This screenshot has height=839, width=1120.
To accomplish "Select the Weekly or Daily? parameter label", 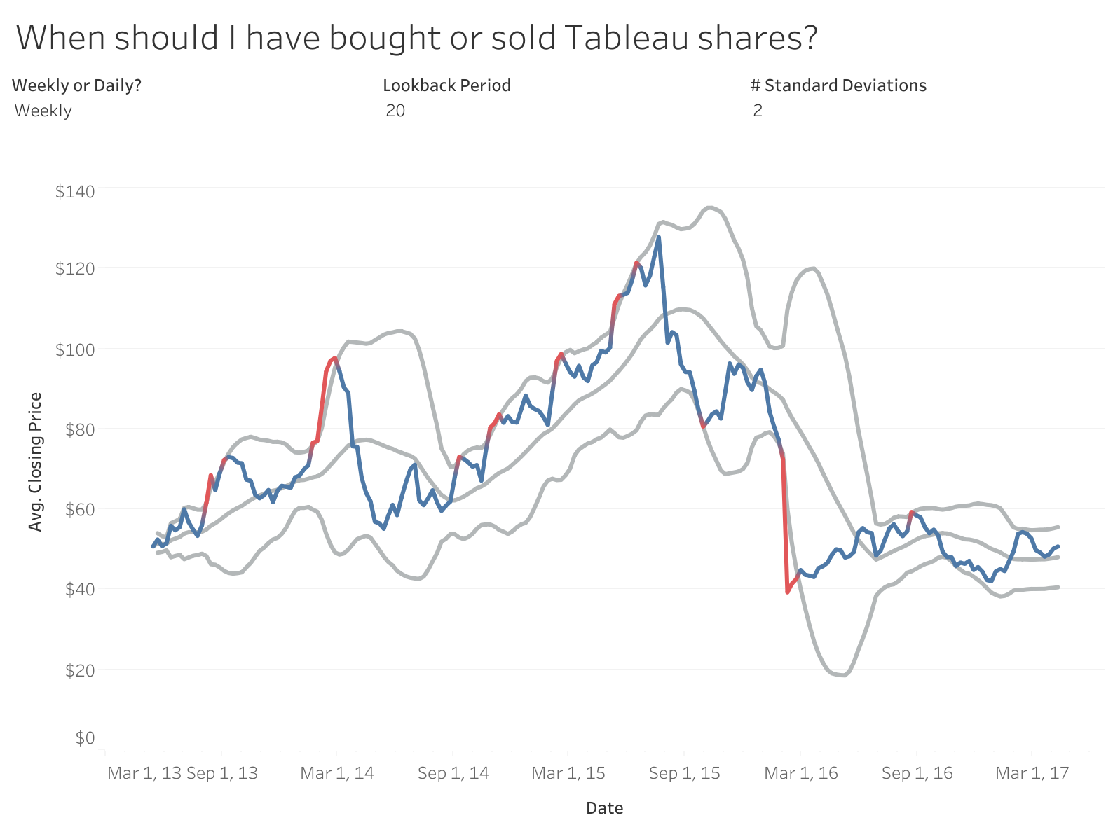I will point(76,85).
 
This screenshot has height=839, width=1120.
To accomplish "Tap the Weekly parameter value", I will point(43,111).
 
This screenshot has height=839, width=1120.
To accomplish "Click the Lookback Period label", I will point(446,85).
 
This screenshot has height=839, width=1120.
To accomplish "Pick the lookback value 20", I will point(395,111).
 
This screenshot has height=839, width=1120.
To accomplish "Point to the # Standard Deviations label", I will point(838,85).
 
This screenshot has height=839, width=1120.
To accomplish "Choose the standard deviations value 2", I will point(757,111).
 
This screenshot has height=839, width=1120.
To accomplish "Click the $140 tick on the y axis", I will point(74,190).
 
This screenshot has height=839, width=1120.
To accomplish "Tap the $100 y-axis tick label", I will point(74,349).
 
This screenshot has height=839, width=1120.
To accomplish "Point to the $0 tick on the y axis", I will point(84,738).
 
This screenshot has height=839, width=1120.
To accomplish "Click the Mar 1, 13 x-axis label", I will point(144,773).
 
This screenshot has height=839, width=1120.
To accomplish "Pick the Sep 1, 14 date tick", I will point(453,773).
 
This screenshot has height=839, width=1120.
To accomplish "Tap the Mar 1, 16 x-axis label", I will point(800,773).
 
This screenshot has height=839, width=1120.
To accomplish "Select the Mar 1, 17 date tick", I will point(1032,773).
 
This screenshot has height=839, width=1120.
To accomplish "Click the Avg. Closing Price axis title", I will point(35,462).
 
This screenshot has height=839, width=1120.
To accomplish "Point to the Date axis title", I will point(604,808).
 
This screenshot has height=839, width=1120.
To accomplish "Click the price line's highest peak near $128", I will point(658,237).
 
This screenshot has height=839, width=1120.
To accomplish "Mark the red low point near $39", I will point(787,592).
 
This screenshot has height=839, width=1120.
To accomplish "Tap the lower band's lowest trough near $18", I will point(842,676).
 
